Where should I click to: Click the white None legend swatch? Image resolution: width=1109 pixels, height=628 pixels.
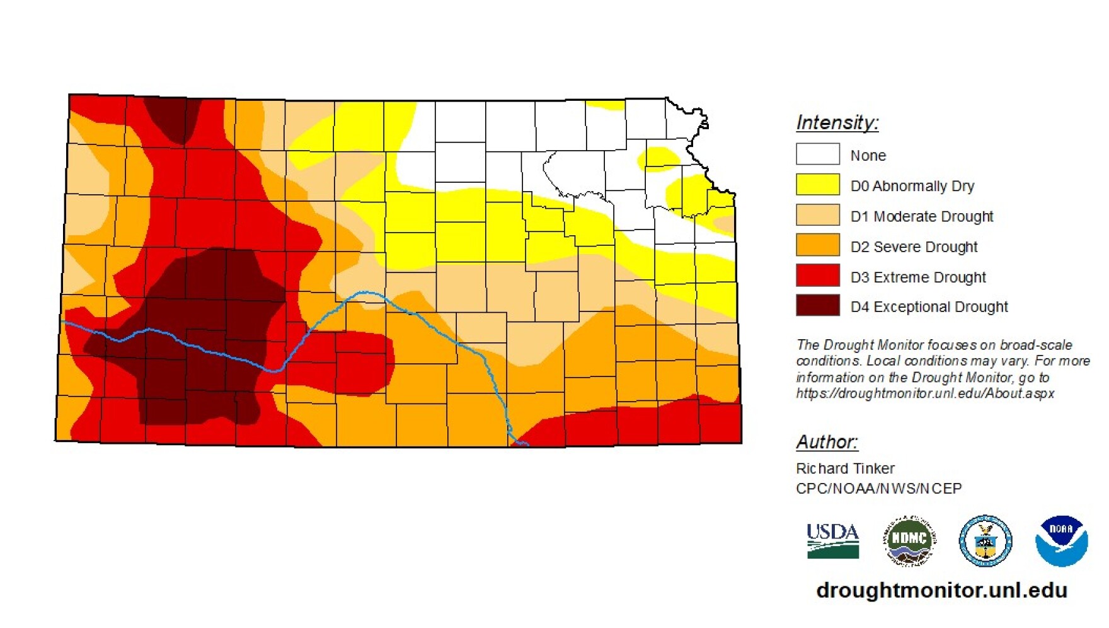(817, 154)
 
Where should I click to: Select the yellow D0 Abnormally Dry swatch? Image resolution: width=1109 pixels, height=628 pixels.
(817, 185)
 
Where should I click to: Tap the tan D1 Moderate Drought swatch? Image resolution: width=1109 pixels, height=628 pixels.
(817, 215)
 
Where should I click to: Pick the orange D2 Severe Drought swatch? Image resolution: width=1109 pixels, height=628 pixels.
(817, 245)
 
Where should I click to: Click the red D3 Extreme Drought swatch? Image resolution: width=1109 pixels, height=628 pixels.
(817, 276)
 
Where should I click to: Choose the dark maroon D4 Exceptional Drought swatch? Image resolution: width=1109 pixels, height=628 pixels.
(817, 306)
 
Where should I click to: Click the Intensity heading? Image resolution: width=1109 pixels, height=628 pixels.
(837, 122)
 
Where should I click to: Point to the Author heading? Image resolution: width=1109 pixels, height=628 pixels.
(827, 442)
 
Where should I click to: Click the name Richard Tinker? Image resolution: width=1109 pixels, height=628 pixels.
(845, 468)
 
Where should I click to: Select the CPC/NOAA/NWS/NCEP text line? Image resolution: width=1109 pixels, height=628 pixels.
(878, 489)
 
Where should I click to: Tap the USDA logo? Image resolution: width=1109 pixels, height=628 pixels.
(832, 541)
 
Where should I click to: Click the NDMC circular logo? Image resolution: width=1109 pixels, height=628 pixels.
(909, 540)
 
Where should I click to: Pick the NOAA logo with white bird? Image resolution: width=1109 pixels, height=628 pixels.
(1061, 541)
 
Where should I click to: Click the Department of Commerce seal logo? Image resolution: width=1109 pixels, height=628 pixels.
(985, 541)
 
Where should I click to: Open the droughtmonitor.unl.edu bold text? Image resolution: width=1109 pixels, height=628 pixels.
(941, 590)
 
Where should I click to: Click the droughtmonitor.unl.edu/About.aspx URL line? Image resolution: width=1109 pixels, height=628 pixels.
(924, 393)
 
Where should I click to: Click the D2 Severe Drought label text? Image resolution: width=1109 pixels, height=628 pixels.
(914, 247)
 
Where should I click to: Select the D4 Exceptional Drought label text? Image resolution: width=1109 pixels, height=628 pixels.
(929, 307)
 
